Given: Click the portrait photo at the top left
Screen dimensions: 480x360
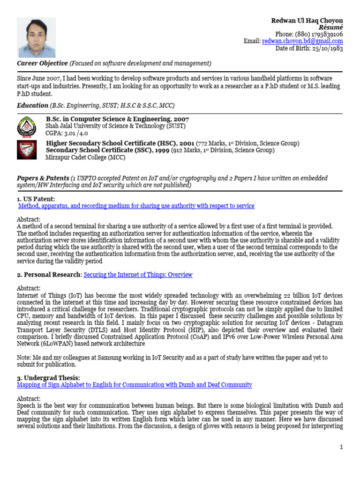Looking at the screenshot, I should pos(36,37).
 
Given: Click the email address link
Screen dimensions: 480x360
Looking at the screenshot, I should pos(302,41).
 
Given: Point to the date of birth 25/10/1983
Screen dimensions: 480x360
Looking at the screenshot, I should pos(326,48).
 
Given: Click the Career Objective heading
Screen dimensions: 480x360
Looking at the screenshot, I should pos(42,63).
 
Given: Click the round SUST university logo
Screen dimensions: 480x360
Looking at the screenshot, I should pos(26,126).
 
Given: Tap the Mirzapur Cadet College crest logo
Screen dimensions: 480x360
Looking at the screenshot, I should pos(26,150).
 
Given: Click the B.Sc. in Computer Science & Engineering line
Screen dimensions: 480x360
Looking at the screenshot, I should pos(117,119).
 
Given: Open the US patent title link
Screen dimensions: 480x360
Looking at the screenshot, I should pos(136,206).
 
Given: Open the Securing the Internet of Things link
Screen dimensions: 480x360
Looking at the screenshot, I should pos(138,275).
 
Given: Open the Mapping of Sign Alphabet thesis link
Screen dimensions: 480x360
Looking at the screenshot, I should pos(134,385).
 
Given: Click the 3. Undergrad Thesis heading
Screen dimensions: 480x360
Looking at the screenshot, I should pos(48,378).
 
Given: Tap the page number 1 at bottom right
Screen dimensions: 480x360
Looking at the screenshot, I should pos(342,447).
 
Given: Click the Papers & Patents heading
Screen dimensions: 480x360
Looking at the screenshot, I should pos(43,178).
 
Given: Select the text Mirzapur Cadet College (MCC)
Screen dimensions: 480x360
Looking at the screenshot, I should pos(85,157).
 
